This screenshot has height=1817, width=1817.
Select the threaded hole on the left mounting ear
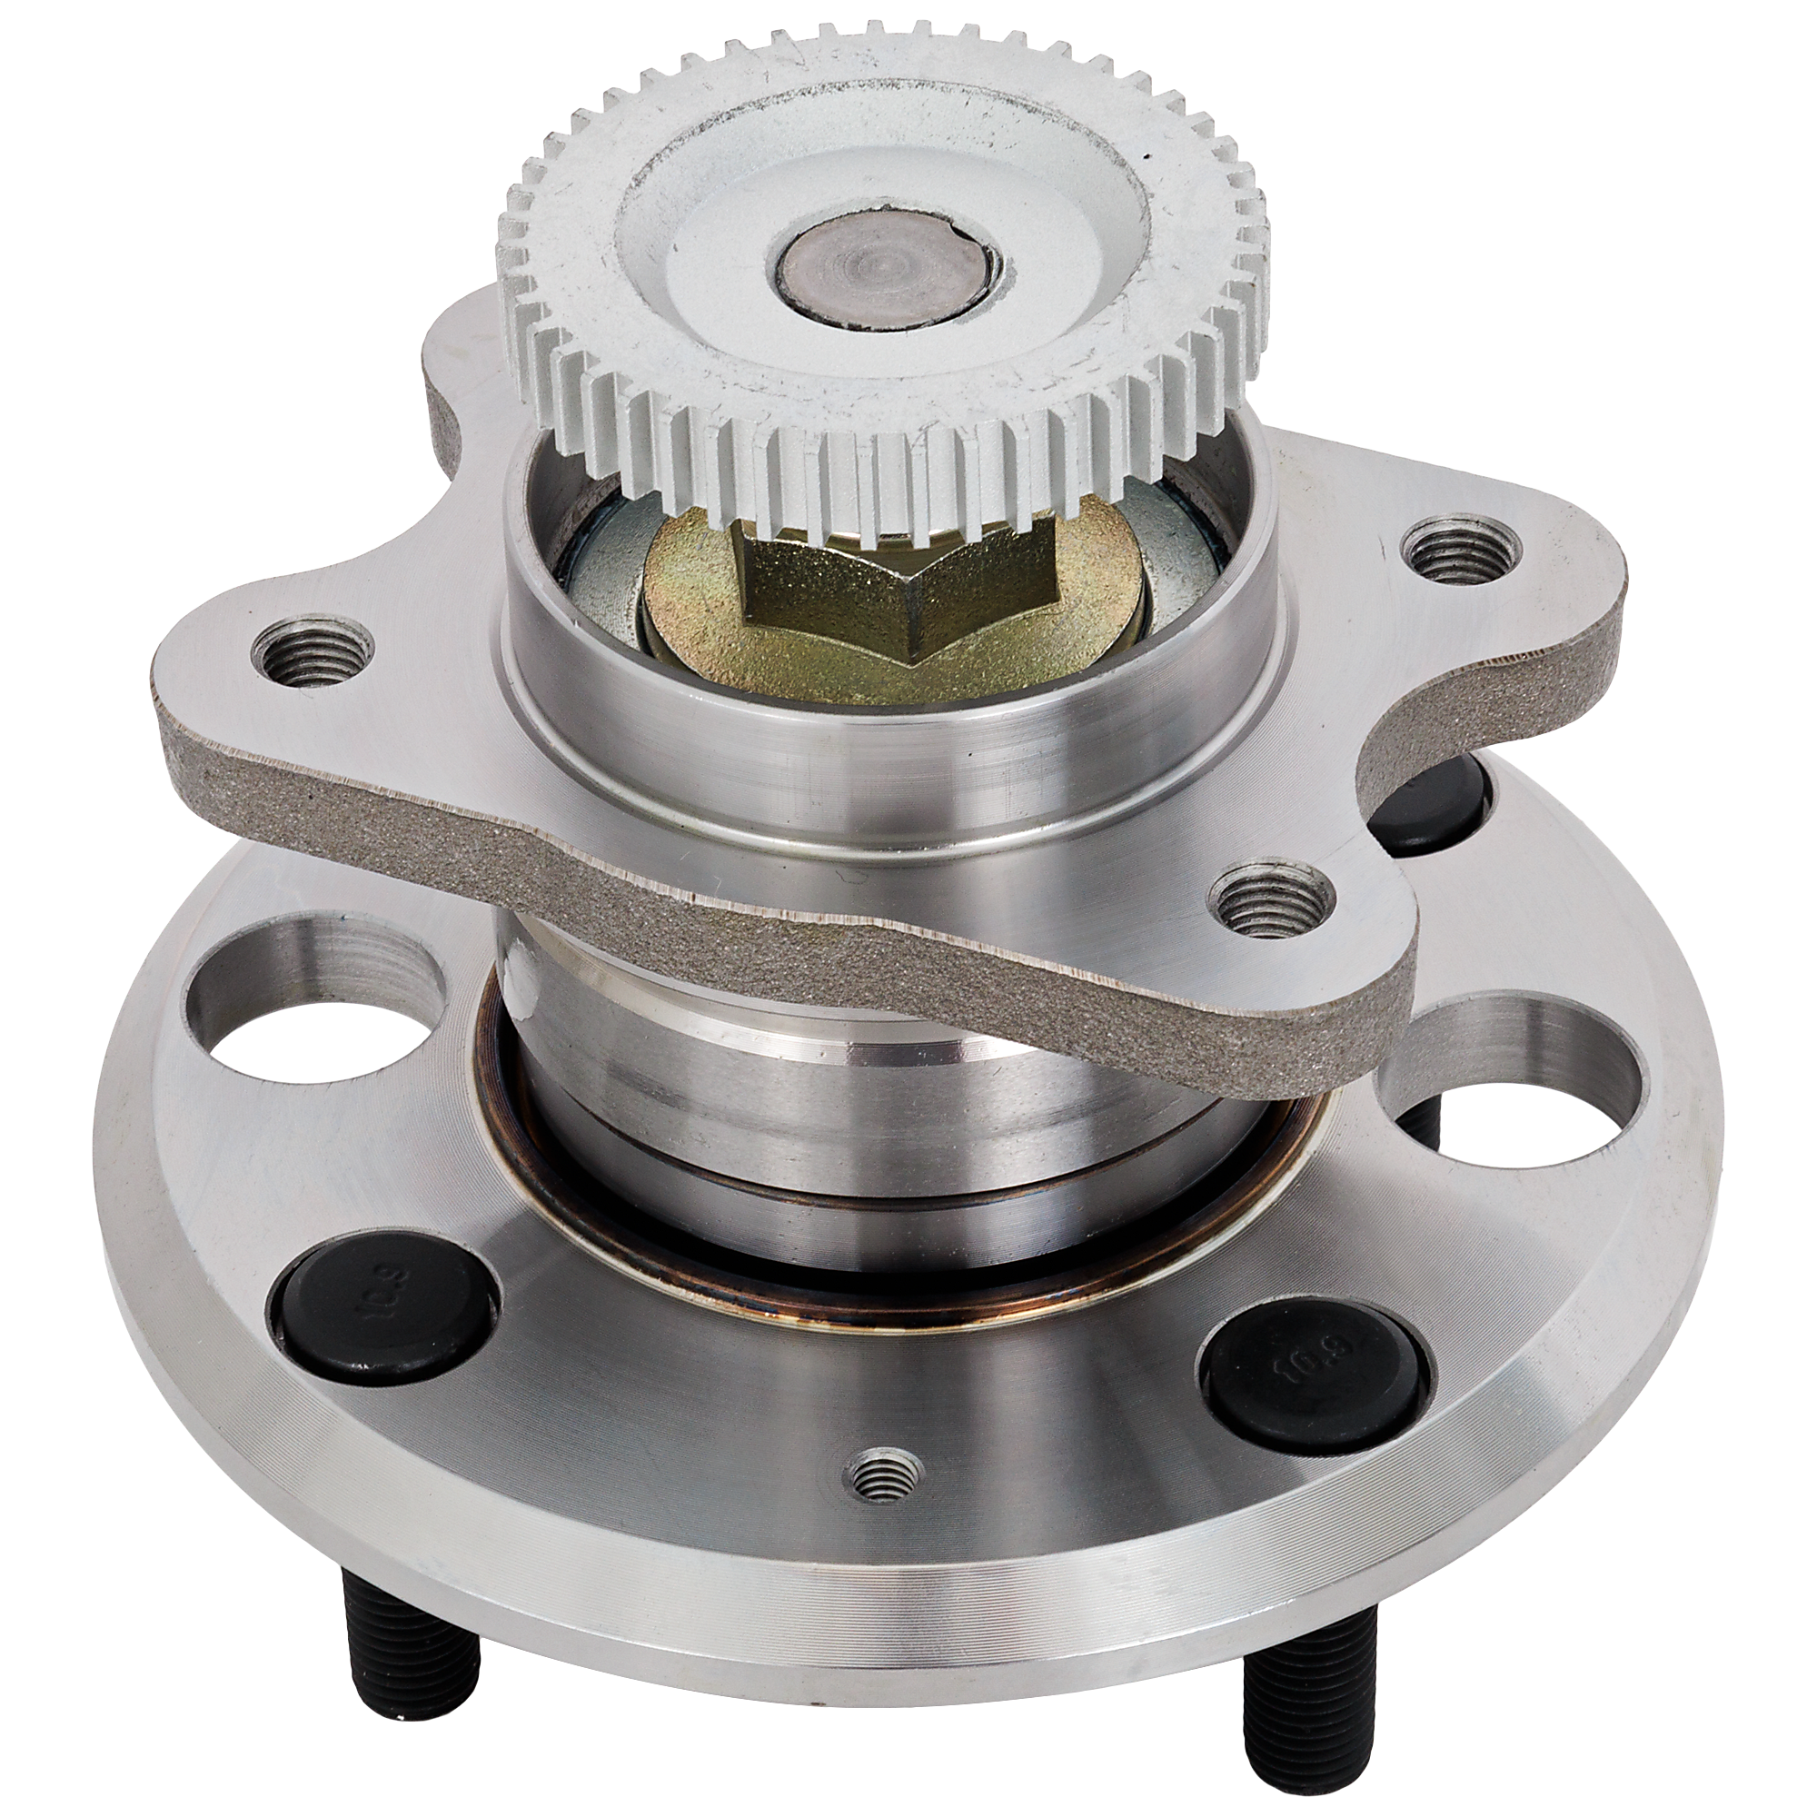click(313, 653)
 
